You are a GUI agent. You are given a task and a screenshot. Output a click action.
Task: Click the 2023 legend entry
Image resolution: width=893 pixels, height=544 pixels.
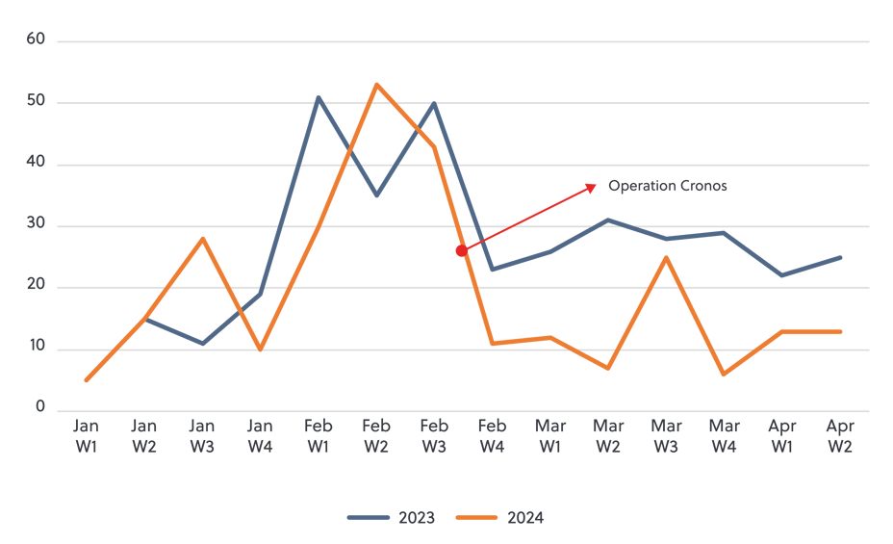point(393,518)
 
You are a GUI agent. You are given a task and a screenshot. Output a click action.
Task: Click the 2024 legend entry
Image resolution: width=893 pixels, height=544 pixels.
point(500,518)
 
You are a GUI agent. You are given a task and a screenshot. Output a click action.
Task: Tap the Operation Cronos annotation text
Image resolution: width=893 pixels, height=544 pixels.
point(668,186)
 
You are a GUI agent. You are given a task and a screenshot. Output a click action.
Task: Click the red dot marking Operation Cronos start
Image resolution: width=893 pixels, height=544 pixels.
point(462,250)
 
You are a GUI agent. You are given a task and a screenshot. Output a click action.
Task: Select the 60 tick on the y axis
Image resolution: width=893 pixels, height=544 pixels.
point(37,40)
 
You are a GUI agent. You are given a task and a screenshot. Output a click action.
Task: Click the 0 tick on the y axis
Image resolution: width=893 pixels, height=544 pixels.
point(40,409)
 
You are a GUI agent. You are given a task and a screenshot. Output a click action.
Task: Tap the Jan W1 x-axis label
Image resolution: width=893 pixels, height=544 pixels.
point(86,435)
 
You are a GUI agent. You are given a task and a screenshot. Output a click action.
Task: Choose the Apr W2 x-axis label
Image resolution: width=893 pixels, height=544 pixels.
point(840,435)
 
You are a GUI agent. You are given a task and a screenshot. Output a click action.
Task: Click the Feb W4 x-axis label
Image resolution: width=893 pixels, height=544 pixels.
point(492,435)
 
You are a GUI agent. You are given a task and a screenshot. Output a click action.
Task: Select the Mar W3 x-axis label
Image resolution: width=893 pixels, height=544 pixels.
point(666,435)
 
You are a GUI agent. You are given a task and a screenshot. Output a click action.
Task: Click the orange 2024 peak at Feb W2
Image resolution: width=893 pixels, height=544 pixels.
point(376,84)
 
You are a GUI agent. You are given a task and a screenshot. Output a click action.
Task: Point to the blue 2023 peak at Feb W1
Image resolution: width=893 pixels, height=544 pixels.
point(318,97)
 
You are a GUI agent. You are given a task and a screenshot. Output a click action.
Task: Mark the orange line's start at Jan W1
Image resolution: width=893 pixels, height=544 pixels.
point(86,380)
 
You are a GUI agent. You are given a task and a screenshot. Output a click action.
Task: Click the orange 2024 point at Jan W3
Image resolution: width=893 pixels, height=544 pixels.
point(202,238)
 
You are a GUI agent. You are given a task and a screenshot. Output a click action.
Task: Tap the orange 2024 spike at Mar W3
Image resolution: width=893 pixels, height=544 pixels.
point(666,257)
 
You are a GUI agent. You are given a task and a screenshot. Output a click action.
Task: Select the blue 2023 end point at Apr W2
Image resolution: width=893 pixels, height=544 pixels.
point(840,257)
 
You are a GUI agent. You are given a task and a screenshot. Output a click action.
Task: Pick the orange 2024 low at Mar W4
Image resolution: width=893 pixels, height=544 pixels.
point(724,375)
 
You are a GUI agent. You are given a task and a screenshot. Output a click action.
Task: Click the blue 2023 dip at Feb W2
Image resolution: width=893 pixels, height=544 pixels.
point(376,195)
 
